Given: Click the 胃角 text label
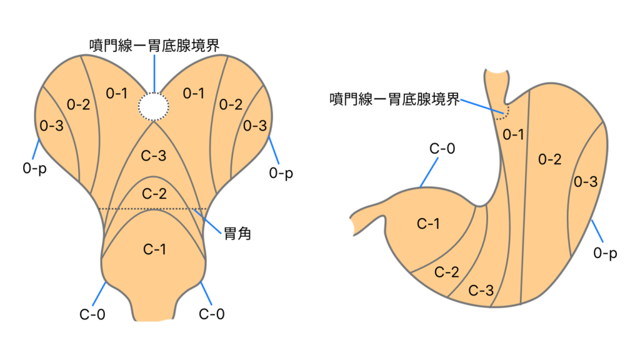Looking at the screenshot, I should click(237, 235).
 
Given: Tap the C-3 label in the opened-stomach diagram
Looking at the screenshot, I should click(154, 156).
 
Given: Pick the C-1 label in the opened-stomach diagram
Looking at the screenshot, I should click(154, 249).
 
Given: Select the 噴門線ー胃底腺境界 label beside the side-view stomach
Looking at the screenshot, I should click(394, 99).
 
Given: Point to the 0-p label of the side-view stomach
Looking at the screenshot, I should click(606, 253).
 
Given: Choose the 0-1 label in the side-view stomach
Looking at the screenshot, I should click(514, 134).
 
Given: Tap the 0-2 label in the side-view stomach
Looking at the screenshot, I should click(549, 159).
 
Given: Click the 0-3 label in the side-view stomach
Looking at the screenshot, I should click(586, 182).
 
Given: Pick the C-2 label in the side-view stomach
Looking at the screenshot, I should click(447, 272).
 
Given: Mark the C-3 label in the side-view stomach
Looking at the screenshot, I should click(481, 291).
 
